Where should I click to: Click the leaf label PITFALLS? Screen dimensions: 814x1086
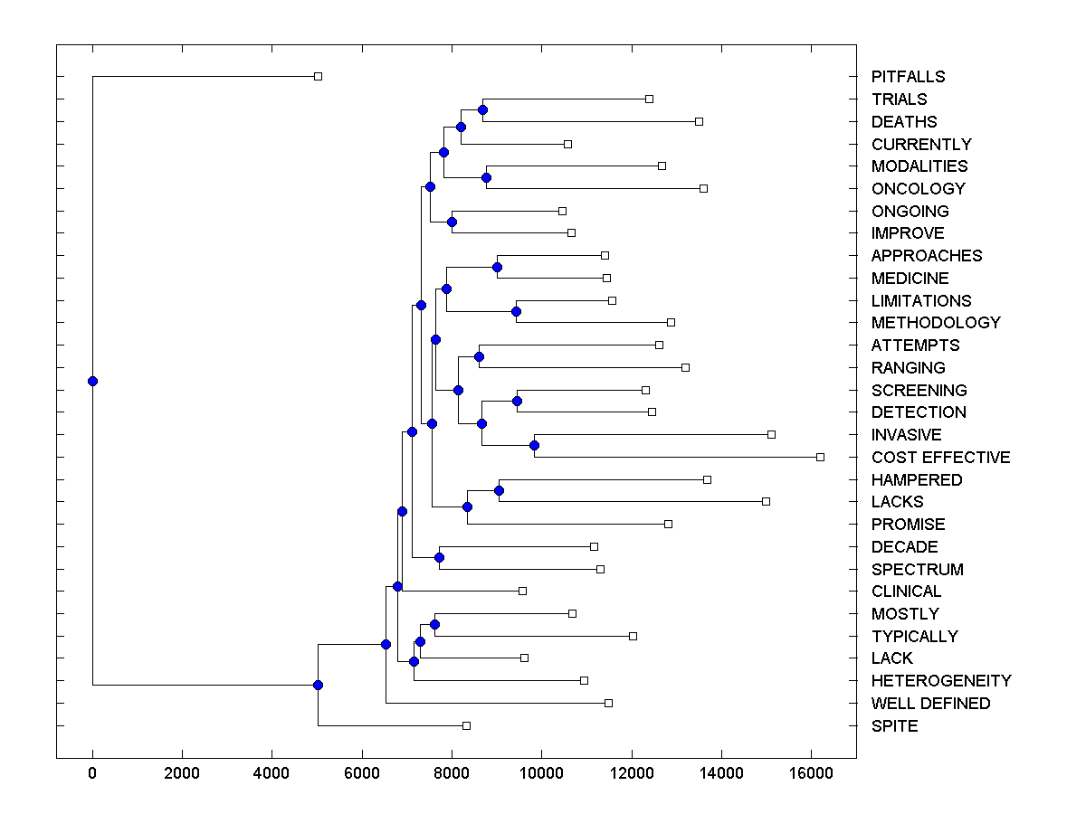tap(908, 77)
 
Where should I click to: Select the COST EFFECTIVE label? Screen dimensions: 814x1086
tap(940, 458)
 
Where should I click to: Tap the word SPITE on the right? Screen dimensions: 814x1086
tap(894, 726)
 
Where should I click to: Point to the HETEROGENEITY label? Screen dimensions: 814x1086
tap(941, 681)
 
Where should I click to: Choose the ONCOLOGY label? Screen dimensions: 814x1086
tap(918, 189)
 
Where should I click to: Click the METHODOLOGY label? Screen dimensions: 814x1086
tap(936, 323)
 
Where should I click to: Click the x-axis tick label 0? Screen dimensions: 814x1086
tap(92, 773)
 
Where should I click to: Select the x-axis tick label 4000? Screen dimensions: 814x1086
tap(272, 773)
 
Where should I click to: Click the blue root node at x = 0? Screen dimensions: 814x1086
tap(92, 381)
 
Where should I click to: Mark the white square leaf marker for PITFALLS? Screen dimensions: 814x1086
tap(318, 77)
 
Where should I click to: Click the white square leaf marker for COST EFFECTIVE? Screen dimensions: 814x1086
tap(820, 457)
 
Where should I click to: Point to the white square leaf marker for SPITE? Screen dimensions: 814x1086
tap(466, 725)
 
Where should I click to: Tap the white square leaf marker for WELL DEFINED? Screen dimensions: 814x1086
tap(608, 703)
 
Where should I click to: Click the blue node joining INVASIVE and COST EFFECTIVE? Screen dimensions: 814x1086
tap(534, 445)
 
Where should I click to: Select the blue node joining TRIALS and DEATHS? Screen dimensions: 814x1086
tap(482, 109)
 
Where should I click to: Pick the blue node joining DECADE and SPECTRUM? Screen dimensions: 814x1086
tap(439, 557)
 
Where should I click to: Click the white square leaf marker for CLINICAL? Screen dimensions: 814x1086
tap(522, 591)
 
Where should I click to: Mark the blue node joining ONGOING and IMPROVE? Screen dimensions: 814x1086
tap(452, 222)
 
